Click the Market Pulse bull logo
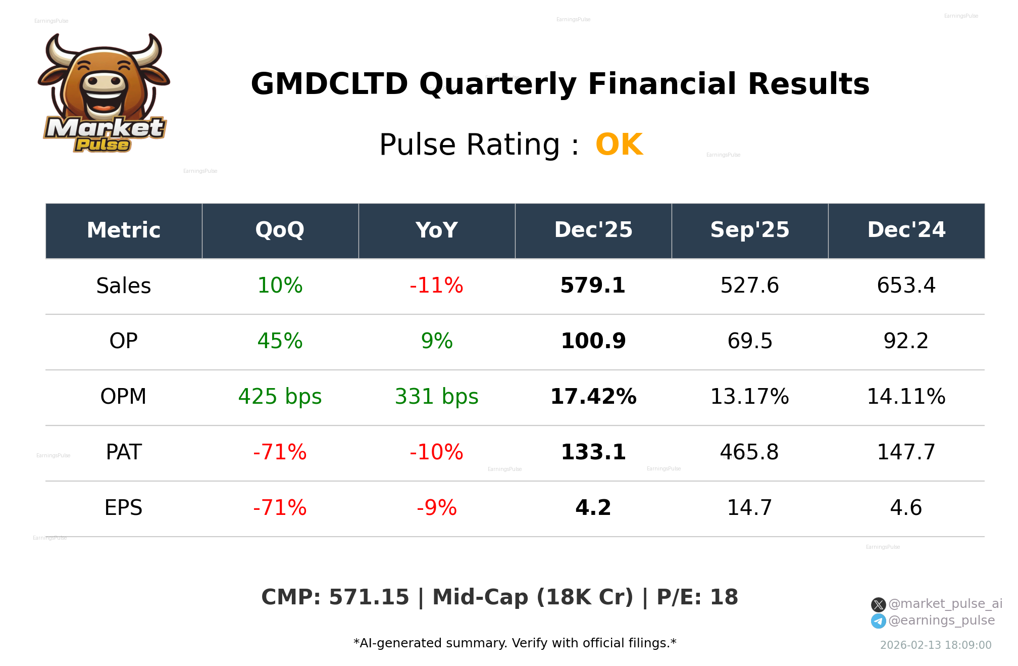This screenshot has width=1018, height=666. [104, 92]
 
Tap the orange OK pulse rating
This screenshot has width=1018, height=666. [619, 145]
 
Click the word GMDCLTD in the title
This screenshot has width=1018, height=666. [329, 84]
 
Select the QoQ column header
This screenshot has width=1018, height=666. [280, 230]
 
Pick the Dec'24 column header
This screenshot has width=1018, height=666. [906, 230]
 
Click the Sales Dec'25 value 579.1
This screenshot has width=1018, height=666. [593, 286]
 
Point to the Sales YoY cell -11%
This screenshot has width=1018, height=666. [436, 286]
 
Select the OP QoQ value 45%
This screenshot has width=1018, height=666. [280, 342]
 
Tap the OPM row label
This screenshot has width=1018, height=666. [123, 397]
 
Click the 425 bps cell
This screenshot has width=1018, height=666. [280, 397]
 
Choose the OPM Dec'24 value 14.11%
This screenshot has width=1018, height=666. [906, 397]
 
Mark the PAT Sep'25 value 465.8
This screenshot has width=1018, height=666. [749, 453]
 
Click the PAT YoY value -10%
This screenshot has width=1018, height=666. [436, 453]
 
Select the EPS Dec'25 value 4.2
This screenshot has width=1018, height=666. [593, 508]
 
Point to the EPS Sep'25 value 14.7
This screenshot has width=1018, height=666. [749, 508]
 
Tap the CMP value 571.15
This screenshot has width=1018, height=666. [369, 597]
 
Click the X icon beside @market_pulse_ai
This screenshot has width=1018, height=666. [878, 604]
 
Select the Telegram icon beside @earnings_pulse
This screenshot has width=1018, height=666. [878, 621]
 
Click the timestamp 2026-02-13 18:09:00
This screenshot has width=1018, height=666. [935, 645]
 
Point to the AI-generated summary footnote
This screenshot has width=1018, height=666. [515, 643]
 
